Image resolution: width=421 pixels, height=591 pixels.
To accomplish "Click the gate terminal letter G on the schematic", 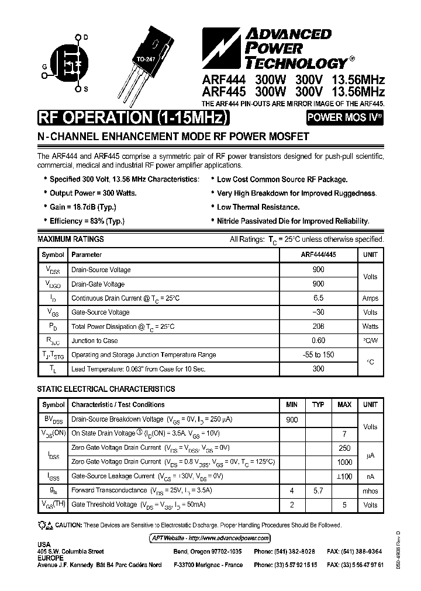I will (44, 67).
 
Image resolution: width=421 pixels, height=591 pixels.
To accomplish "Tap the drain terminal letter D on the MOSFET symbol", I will (85, 37).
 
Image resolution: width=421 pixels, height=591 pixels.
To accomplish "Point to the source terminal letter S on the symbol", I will (85, 89).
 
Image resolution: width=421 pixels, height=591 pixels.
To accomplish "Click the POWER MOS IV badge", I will (346, 117).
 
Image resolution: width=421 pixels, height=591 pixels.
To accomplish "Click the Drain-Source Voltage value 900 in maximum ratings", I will (318, 270).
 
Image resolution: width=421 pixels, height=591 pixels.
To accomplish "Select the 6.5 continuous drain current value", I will (318, 298).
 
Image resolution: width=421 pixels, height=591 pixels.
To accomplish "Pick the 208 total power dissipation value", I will (318, 326).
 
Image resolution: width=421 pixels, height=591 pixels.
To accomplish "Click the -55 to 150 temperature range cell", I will (318, 354).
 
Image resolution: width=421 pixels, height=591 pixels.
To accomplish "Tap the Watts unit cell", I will (370, 326).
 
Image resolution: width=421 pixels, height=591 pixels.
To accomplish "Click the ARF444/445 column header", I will (318, 255).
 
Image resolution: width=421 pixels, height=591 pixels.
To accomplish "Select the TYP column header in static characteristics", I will (318, 404).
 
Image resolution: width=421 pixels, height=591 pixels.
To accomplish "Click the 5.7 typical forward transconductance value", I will (318, 491).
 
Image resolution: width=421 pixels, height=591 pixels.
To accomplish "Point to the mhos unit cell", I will (370, 491).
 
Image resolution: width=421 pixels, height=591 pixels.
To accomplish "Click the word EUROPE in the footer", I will (51, 558).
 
